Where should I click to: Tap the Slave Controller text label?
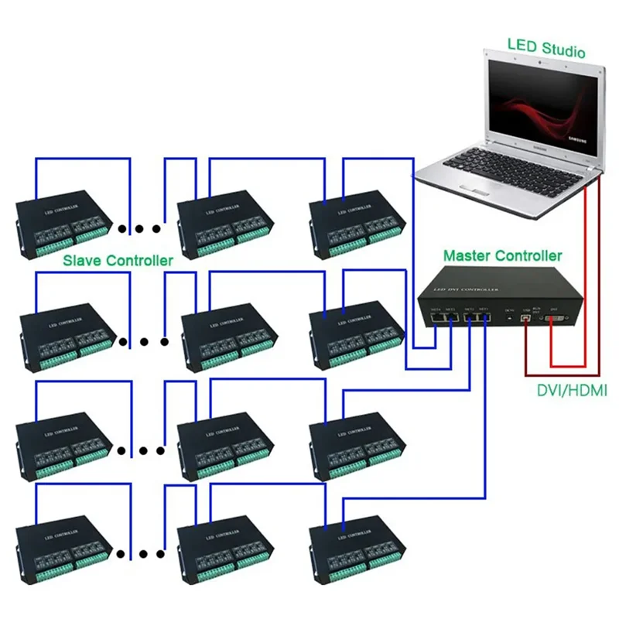coord(118,261)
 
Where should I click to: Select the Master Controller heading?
coord(502,255)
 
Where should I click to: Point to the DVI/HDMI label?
coord(571,391)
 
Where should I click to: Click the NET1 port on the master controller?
coord(484,316)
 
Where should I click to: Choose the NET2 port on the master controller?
coord(469,316)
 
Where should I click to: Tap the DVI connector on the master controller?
coord(552,317)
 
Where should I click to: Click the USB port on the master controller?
coord(528,316)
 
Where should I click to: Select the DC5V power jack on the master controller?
coord(508,316)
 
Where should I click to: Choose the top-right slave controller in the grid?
coord(351,221)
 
